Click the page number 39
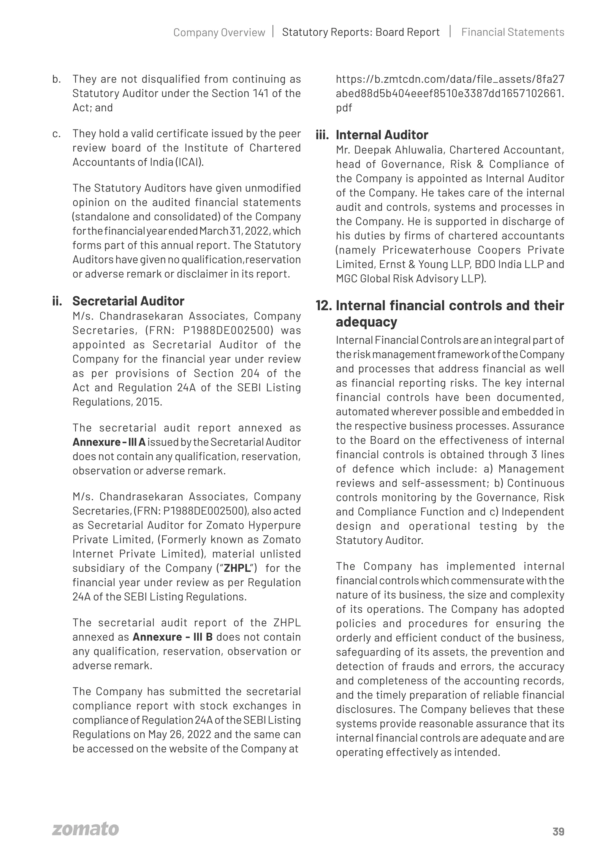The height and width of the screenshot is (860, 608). pyautogui.click(x=558, y=831)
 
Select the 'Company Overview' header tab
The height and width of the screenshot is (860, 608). pyautogui.click(x=219, y=33)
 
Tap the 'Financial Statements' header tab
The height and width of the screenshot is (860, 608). pyautogui.click(x=512, y=32)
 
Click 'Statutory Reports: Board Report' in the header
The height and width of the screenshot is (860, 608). pyautogui.click(x=360, y=32)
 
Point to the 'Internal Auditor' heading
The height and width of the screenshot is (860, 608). pyautogui.click(x=382, y=135)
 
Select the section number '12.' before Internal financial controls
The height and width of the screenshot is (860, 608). pyautogui.click(x=324, y=306)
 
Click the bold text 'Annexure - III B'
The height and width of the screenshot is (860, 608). pyautogui.click(x=172, y=637)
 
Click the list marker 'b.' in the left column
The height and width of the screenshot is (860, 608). pyautogui.click(x=56, y=79)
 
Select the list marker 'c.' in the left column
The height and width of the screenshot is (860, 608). pyautogui.click(x=56, y=134)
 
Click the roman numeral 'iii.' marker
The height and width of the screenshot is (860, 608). pyautogui.click(x=322, y=135)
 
